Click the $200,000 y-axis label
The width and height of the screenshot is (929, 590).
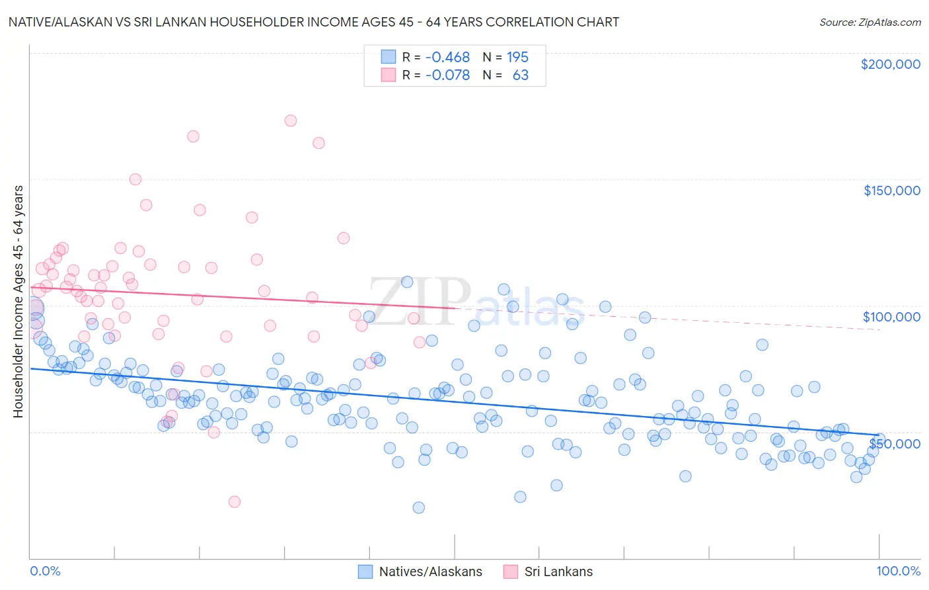pyautogui.click(x=890, y=64)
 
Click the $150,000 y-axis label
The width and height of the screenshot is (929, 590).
pyautogui.click(x=891, y=190)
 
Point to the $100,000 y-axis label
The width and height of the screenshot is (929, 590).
pyautogui.click(x=891, y=317)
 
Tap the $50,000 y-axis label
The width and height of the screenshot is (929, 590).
pyautogui.click(x=895, y=443)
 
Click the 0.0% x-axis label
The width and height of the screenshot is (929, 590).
pyautogui.click(x=45, y=571)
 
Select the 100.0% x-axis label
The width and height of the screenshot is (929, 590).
pyautogui.click(x=898, y=571)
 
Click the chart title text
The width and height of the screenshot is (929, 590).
pyautogui.click(x=314, y=22)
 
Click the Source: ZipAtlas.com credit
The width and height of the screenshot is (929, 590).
pyautogui.click(x=870, y=22)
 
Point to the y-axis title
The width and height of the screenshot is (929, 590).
pyautogui.click(x=19, y=302)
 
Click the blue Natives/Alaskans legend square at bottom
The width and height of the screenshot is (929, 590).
pyautogui.click(x=365, y=571)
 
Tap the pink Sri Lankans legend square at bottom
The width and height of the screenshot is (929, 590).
pyautogui.click(x=510, y=571)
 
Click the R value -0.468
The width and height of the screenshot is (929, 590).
pyautogui.click(x=447, y=58)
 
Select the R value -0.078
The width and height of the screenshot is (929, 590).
pyautogui.click(x=447, y=75)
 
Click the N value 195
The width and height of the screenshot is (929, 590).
pyautogui.click(x=517, y=58)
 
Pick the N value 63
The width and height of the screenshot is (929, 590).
pyautogui.click(x=520, y=75)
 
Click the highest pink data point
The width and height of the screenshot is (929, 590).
pyautogui.click(x=290, y=120)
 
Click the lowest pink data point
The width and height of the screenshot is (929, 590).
pyautogui.click(x=234, y=502)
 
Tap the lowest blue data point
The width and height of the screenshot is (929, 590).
pyautogui.click(x=418, y=508)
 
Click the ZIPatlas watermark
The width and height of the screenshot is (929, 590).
pyautogui.click(x=476, y=303)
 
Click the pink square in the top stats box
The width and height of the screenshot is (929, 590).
pyautogui.click(x=388, y=75)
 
